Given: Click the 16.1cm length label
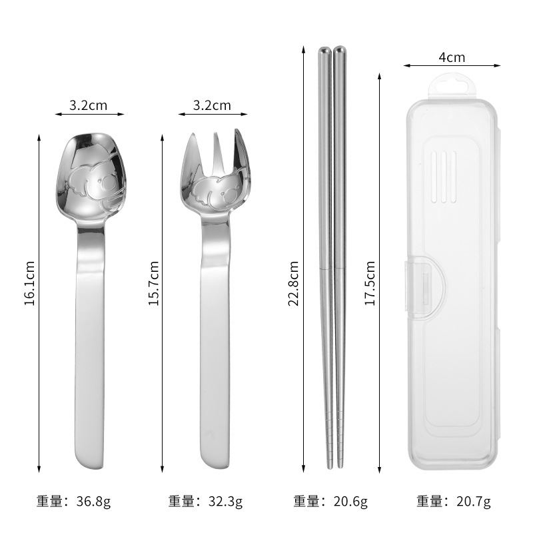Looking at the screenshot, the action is click(29, 283).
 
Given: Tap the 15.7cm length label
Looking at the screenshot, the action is click(154, 283).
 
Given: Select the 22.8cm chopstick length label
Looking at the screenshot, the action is click(293, 283).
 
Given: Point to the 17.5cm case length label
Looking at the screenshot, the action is click(370, 283).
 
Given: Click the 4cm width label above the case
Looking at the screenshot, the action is click(452, 57).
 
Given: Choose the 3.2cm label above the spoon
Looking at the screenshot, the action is click(89, 105).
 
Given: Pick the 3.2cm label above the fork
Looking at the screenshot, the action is click(212, 105).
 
